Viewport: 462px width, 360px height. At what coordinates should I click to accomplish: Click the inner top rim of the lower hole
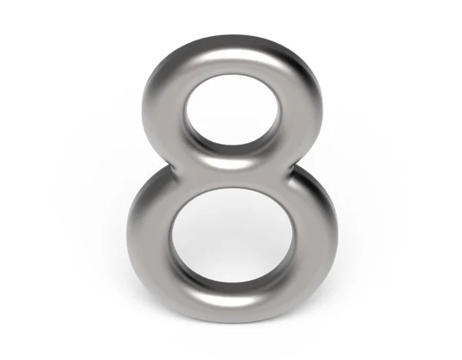(x=231, y=192)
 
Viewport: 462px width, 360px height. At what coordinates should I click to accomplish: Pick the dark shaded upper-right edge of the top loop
(x=304, y=73)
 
